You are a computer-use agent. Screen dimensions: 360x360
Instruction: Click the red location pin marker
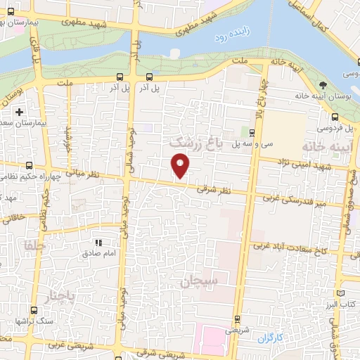pos(181,166)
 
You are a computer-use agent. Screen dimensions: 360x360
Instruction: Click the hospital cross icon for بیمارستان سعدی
pos(20,112)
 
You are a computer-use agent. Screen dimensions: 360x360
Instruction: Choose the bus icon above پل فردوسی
pos(334,117)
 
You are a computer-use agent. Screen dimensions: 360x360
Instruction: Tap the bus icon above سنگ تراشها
pos(33,310)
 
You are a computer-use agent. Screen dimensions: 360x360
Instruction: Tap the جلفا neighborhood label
pos(34,246)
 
